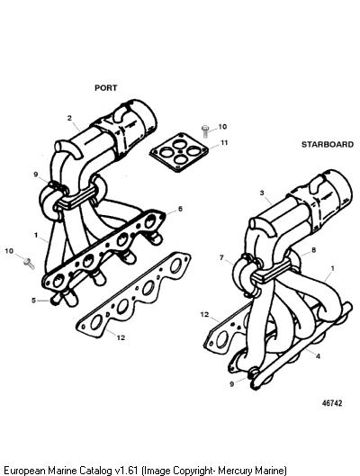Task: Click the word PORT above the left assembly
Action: point(105,88)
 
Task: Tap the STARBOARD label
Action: point(328,145)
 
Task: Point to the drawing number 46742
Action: point(332,403)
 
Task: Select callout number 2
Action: point(69,118)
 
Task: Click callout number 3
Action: point(262,193)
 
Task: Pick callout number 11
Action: point(224,142)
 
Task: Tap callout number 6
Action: point(180,209)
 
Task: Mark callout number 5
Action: point(33,301)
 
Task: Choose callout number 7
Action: point(222,257)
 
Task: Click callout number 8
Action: point(313,250)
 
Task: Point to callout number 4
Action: point(318,356)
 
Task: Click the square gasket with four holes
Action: point(179,152)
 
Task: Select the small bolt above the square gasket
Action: point(205,131)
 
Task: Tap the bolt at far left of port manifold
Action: point(29,264)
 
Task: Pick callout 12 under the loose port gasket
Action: point(121,337)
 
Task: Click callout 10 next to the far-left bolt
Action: point(9,251)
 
